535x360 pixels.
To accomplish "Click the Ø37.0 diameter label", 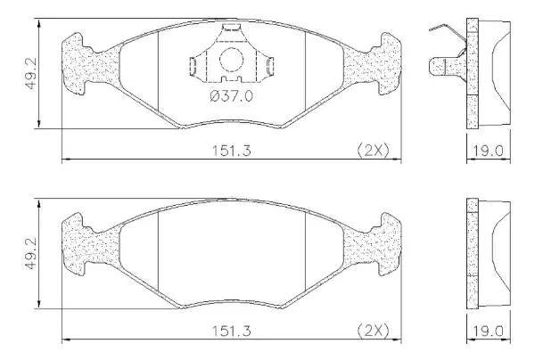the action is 232,96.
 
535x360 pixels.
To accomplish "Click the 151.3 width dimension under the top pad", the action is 232,151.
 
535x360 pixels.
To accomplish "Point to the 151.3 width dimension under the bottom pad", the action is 232,331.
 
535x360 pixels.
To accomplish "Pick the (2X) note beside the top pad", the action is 374,150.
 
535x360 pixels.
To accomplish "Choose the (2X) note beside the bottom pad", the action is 374,331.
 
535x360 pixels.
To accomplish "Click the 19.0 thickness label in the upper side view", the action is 489,151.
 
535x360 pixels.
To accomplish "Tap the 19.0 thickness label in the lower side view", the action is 489,331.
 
